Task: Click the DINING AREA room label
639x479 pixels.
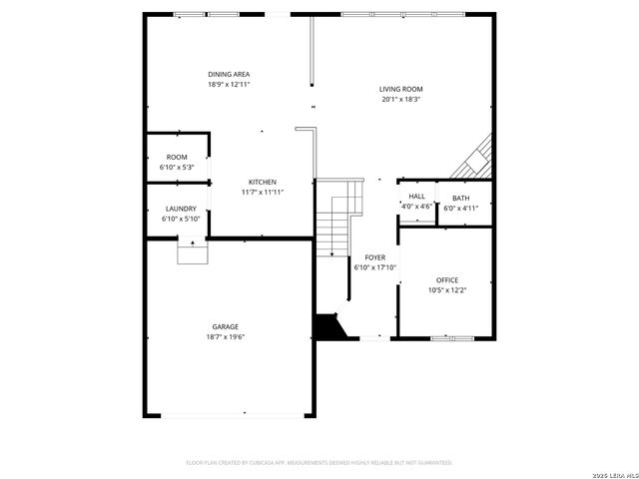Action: pos(229,75)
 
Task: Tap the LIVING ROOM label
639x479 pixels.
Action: pos(400,89)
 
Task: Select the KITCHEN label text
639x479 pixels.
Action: pos(257,182)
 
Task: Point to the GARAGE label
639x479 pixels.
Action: pos(225,327)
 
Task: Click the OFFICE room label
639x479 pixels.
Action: pos(447,279)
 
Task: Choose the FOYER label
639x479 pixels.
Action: pos(374,257)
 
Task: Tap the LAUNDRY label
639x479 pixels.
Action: pos(181,209)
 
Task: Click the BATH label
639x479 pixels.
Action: pos(460,198)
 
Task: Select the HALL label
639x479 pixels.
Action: pos(416,197)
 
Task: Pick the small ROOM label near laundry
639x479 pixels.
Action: pos(177,157)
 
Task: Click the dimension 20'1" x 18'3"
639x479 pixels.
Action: pos(400,99)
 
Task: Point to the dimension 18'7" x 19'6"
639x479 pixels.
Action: pos(225,337)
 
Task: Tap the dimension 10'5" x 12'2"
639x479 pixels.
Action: pos(447,289)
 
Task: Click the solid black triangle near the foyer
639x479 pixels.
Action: pos(327,327)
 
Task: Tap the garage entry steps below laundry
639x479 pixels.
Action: pos(191,251)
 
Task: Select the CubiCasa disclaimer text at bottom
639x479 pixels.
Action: pos(319,463)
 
